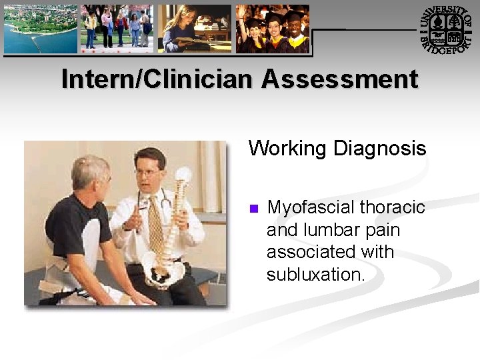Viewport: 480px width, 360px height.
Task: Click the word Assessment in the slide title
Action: [339, 79]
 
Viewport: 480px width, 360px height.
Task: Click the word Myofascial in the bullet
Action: [311, 207]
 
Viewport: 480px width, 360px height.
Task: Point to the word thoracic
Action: [393, 207]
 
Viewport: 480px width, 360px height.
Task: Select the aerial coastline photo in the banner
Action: [41, 29]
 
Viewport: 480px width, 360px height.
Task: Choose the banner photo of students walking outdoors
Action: [117, 29]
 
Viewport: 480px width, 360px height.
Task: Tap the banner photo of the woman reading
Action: [195, 29]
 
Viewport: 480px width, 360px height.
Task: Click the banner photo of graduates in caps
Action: [273, 29]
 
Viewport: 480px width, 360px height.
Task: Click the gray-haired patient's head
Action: [91, 174]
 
